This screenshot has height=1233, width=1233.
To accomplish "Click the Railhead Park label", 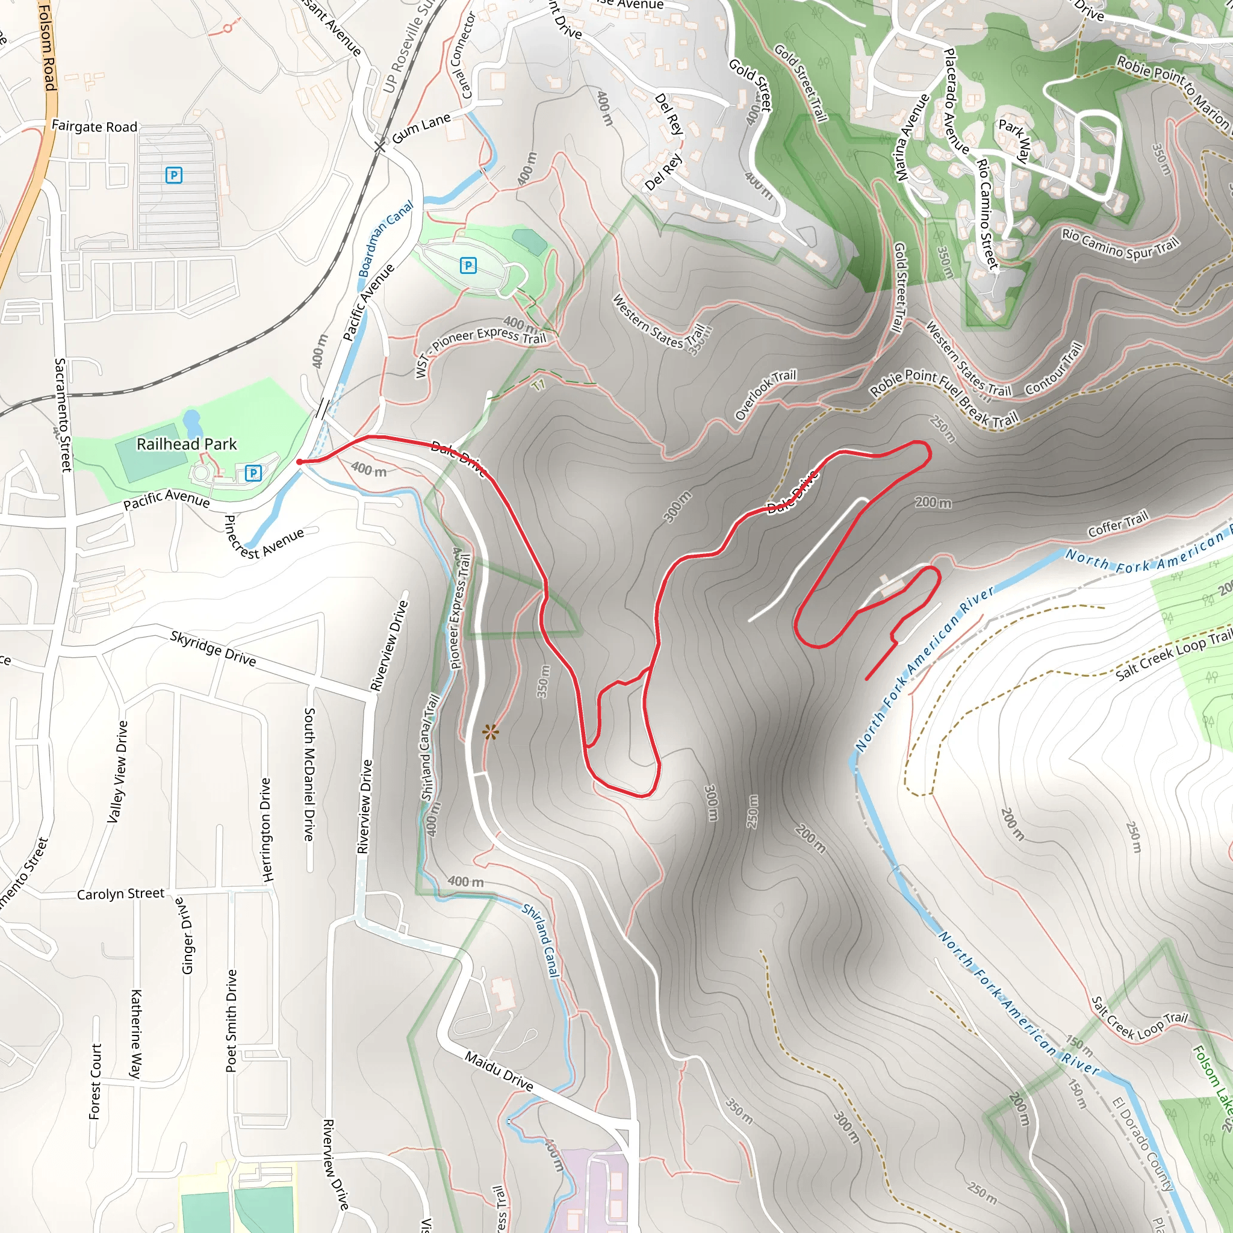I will pyautogui.click(x=187, y=444).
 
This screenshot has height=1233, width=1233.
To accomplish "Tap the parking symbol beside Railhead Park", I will pyautogui.click(x=253, y=473).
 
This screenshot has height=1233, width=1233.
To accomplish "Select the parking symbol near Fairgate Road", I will pyautogui.click(x=173, y=175).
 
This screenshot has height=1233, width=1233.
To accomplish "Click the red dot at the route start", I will pyautogui.click(x=299, y=462).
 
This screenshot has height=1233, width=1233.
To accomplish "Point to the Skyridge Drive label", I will pyautogui.click(x=213, y=648).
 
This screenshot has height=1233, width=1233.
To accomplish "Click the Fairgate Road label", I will pyautogui.click(x=95, y=126).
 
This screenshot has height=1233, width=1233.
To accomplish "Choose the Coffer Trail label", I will pyautogui.click(x=1117, y=523).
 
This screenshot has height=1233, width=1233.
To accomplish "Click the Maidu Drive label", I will pyautogui.click(x=498, y=1071).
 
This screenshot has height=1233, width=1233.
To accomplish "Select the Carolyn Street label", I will pyautogui.click(x=120, y=893).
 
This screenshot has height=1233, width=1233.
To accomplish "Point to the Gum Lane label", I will pyautogui.click(x=421, y=128).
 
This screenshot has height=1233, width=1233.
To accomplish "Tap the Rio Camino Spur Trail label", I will pyautogui.click(x=1120, y=244).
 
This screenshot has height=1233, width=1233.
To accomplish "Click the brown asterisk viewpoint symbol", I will pyautogui.click(x=490, y=732).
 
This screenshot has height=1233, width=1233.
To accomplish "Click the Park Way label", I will pyautogui.click(x=1014, y=140).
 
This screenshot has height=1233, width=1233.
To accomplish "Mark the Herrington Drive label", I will pyautogui.click(x=266, y=830).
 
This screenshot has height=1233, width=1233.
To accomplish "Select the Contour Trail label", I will pyautogui.click(x=1054, y=369).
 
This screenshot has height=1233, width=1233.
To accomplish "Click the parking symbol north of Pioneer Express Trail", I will pyautogui.click(x=468, y=265).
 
